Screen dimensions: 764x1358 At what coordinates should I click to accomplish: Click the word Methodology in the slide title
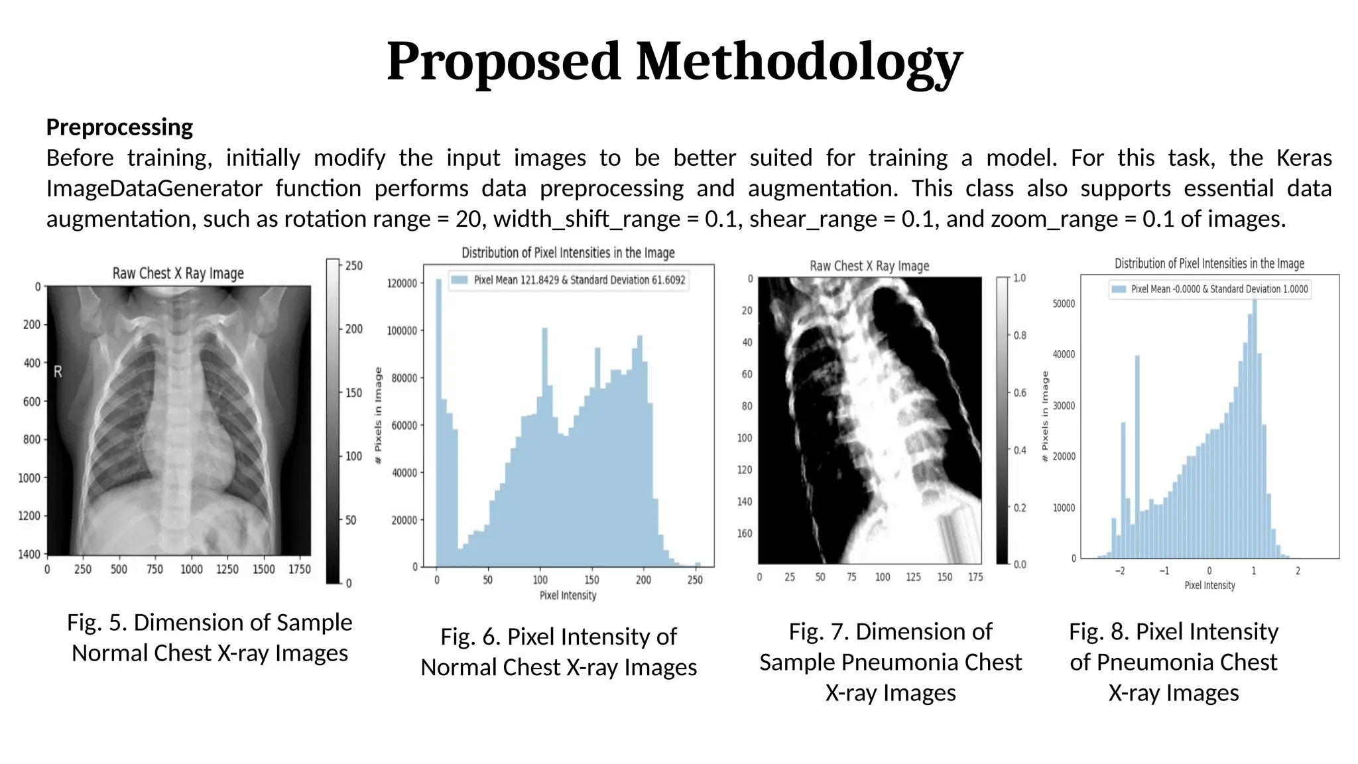pyautogui.click(x=799, y=62)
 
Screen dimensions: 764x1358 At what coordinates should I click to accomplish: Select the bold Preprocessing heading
pyautogui.click(x=119, y=127)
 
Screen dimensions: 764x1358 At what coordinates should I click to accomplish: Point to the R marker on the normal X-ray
pyautogui.click(x=58, y=372)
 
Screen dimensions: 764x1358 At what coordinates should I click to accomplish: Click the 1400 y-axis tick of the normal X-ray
pyautogui.click(x=29, y=554)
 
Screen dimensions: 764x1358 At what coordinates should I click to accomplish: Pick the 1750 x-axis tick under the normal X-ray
pyautogui.click(x=299, y=570)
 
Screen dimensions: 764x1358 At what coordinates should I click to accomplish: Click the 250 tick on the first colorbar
pyautogui.click(x=354, y=266)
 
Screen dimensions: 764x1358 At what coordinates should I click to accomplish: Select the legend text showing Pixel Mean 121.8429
pyautogui.click(x=579, y=280)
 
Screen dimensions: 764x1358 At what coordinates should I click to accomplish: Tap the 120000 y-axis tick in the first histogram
pyautogui.click(x=402, y=283)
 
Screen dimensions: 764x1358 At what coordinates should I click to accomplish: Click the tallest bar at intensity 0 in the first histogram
pyautogui.click(x=438, y=424)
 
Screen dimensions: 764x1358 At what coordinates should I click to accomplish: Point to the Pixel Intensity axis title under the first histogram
pyautogui.click(x=568, y=596)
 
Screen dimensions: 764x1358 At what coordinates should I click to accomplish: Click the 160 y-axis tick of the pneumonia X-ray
pyautogui.click(x=745, y=533)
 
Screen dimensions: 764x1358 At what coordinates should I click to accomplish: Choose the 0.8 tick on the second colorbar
pyautogui.click(x=1020, y=336)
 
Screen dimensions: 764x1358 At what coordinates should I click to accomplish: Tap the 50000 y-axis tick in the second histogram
pyautogui.click(x=1064, y=304)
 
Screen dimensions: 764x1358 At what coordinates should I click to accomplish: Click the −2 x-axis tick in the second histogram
pyautogui.click(x=1119, y=571)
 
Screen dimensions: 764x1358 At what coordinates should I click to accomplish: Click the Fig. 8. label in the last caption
pyautogui.click(x=1098, y=632)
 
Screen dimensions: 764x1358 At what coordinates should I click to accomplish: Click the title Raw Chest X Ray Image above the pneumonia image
pyautogui.click(x=869, y=266)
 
